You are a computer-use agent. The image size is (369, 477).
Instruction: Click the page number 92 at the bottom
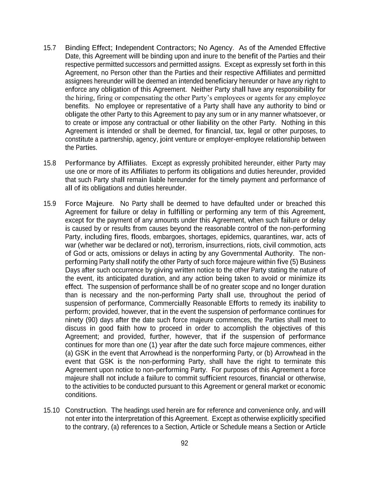click(184, 443)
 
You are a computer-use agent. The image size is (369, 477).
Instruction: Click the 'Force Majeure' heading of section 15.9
click(89, 204)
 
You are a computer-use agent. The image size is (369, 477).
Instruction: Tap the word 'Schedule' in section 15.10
click(233, 427)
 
